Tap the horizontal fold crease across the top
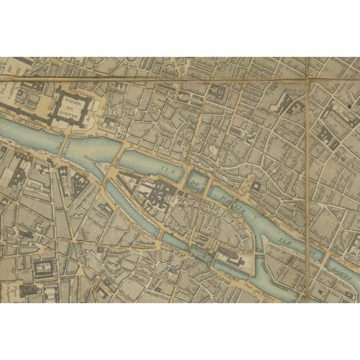pos(180,79)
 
